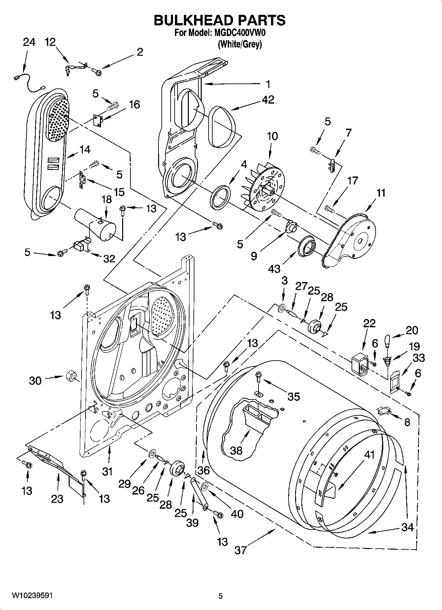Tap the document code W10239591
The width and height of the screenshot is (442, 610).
click(x=32, y=596)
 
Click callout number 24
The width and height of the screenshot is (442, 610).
click(x=29, y=43)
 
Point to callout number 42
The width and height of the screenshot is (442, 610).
click(x=268, y=100)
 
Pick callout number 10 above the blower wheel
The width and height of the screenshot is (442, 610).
click(x=272, y=136)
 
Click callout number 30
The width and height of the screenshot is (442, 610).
click(x=35, y=381)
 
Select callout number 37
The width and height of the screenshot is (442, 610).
click(x=241, y=550)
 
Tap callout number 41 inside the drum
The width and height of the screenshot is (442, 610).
click(x=369, y=455)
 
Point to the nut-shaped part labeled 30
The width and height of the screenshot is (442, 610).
click(x=70, y=376)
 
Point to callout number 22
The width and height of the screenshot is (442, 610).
click(x=369, y=323)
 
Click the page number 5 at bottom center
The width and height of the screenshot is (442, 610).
click(x=221, y=596)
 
